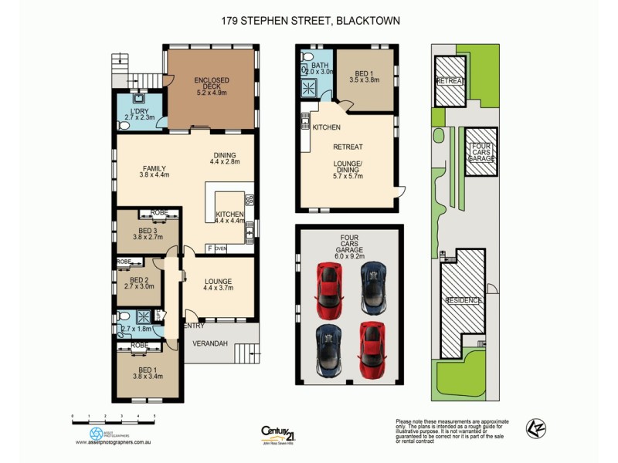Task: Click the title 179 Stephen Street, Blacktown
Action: [309, 21]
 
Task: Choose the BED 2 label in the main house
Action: [139, 280]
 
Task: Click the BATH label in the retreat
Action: [321, 64]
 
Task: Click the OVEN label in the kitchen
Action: [221, 248]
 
